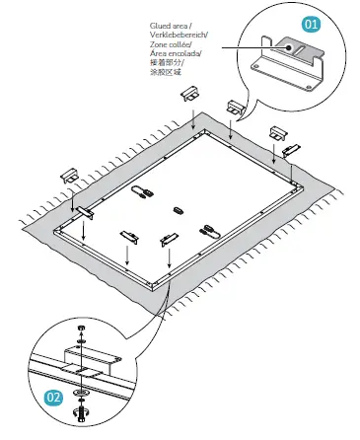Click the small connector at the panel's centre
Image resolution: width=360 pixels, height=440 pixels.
(x=179, y=208)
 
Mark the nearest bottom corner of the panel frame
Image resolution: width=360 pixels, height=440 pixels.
(x=154, y=286)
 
